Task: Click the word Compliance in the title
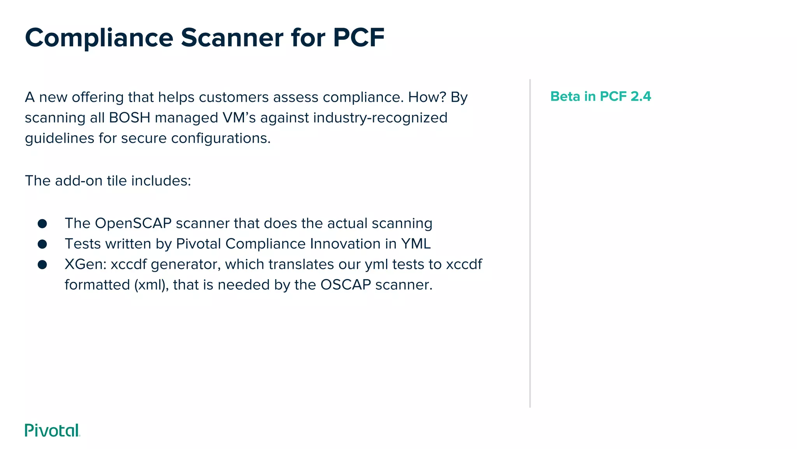[x=99, y=38]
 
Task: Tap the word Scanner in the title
[x=232, y=38]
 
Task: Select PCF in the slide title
[x=358, y=38]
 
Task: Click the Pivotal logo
[x=52, y=430]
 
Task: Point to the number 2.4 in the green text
[x=641, y=96]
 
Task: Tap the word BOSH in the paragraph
[x=130, y=118]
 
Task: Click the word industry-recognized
[x=380, y=118]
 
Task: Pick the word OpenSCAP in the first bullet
[x=133, y=223]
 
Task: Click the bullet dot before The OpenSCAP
[x=42, y=224]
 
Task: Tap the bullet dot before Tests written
[x=42, y=244]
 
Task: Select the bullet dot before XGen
[x=42, y=265]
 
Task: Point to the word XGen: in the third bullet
[x=86, y=265]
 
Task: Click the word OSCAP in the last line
[x=346, y=285]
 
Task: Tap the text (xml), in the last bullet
[x=152, y=285]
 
